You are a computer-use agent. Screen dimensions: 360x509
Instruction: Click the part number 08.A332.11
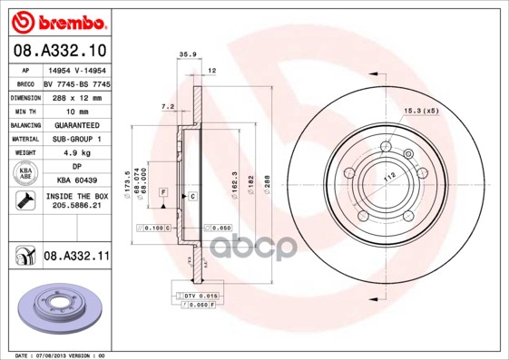click(76, 258)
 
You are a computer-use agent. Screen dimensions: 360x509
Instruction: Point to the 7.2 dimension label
click(167, 107)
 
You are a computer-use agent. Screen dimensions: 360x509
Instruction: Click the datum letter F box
click(163, 192)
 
